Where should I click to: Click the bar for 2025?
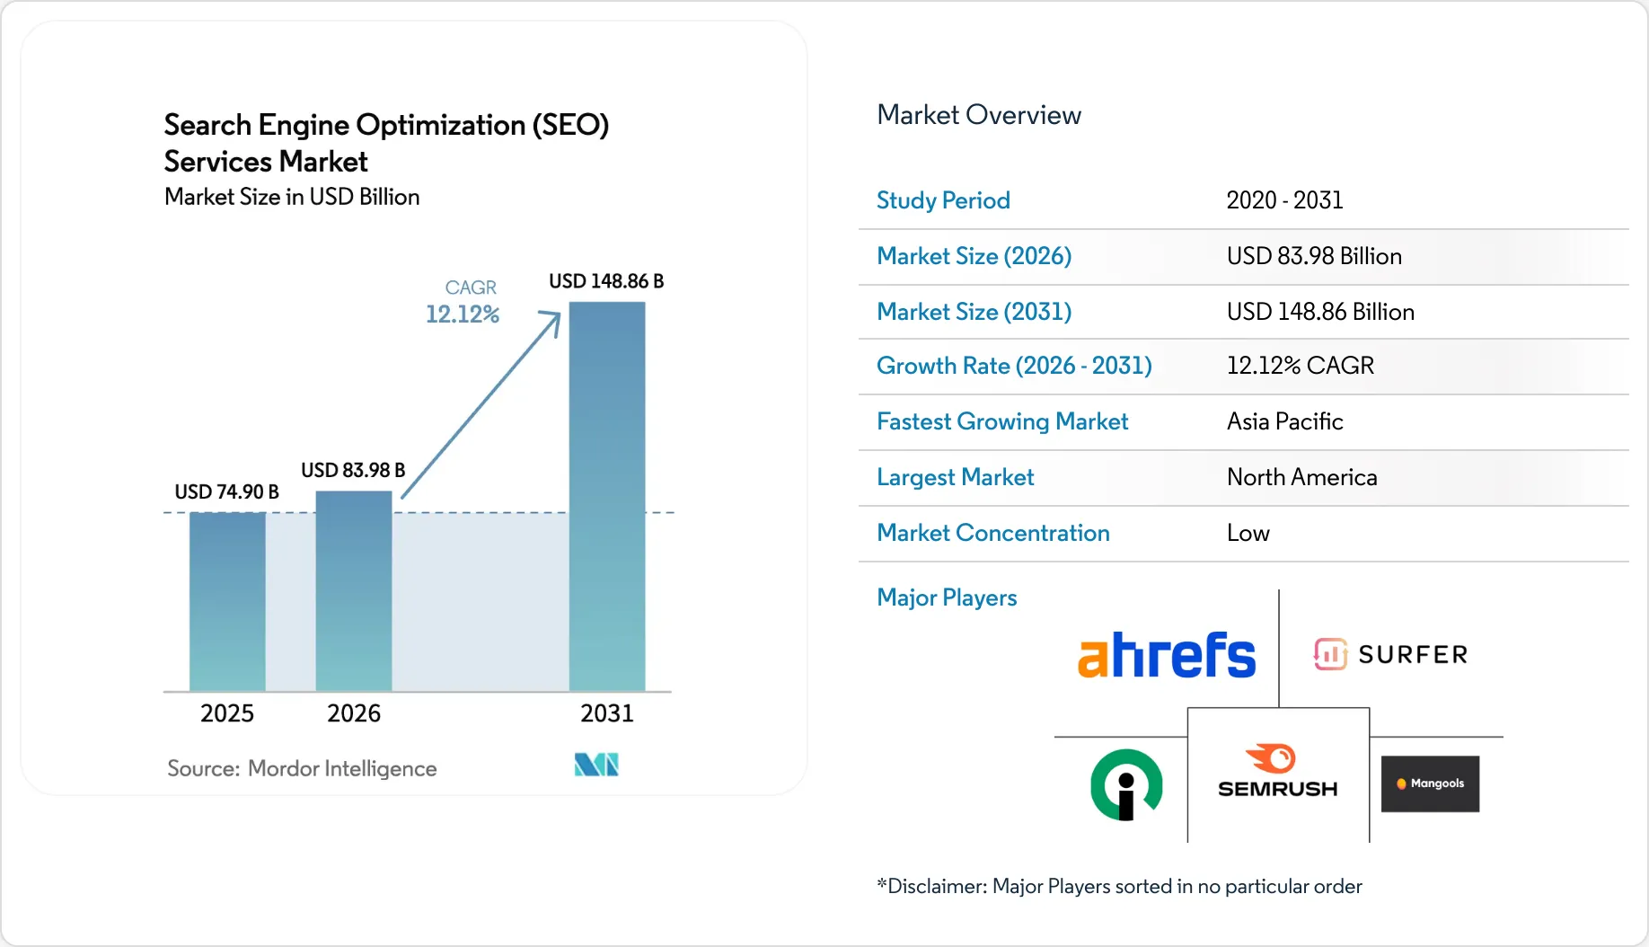[227, 601]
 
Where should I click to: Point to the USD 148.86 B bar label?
[606, 281]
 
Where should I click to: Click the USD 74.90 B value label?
[226, 491]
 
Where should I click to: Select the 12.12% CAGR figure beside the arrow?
[462, 314]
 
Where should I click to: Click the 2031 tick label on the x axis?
[607, 713]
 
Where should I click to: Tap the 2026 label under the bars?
[354, 713]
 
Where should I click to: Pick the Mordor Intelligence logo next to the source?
[596, 765]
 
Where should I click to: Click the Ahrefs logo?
[1166, 655]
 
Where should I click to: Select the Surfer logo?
[1390, 654]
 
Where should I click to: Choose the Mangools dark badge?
[1430, 783]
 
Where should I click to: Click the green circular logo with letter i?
[1126, 784]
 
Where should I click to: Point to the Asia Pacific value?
[1284, 421]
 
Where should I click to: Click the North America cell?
[1301, 477]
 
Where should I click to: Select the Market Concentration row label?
[992, 533]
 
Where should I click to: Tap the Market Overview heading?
[978, 115]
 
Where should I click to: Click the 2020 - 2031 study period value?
[1284, 200]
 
